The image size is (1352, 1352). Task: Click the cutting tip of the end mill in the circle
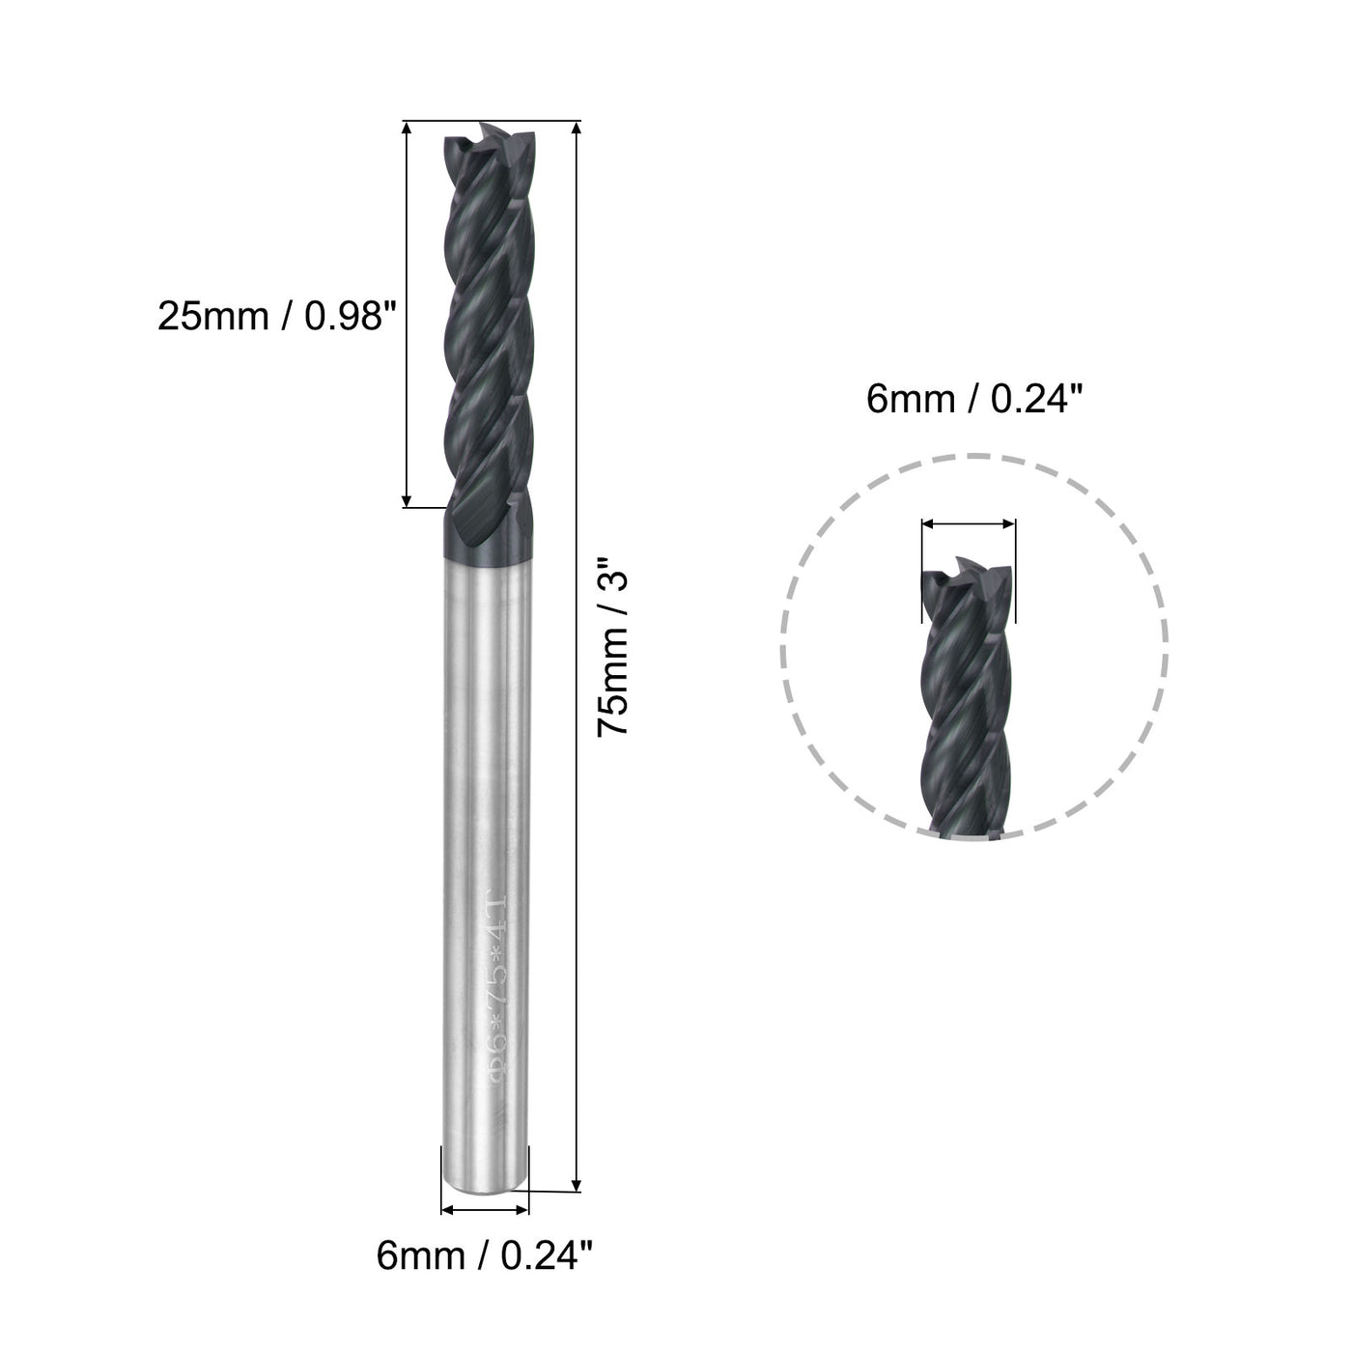[969, 576]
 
